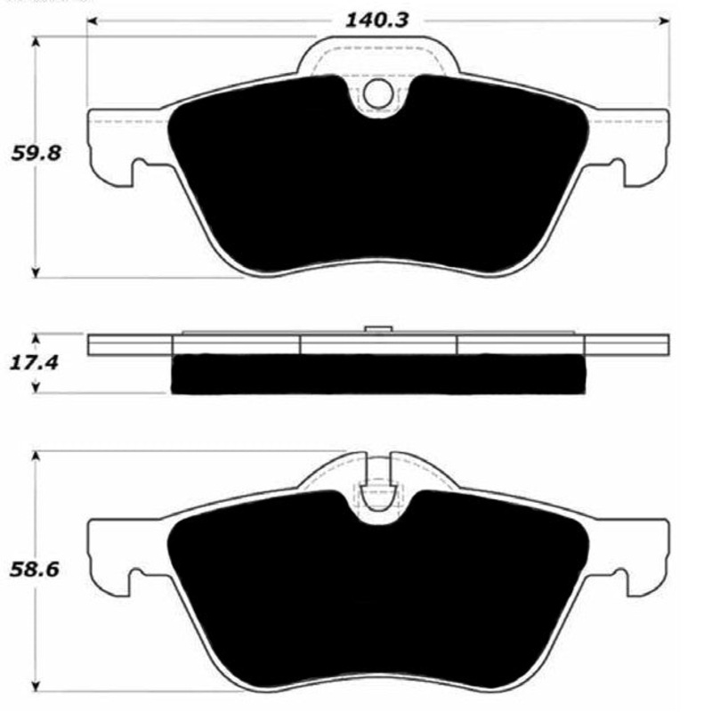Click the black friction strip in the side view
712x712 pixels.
(378, 375)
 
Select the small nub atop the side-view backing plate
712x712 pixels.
(378, 328)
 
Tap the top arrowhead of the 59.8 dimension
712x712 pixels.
(36, 41)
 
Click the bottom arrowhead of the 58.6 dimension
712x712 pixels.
(36, 688)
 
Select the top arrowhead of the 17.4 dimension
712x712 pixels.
(36, 339)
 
